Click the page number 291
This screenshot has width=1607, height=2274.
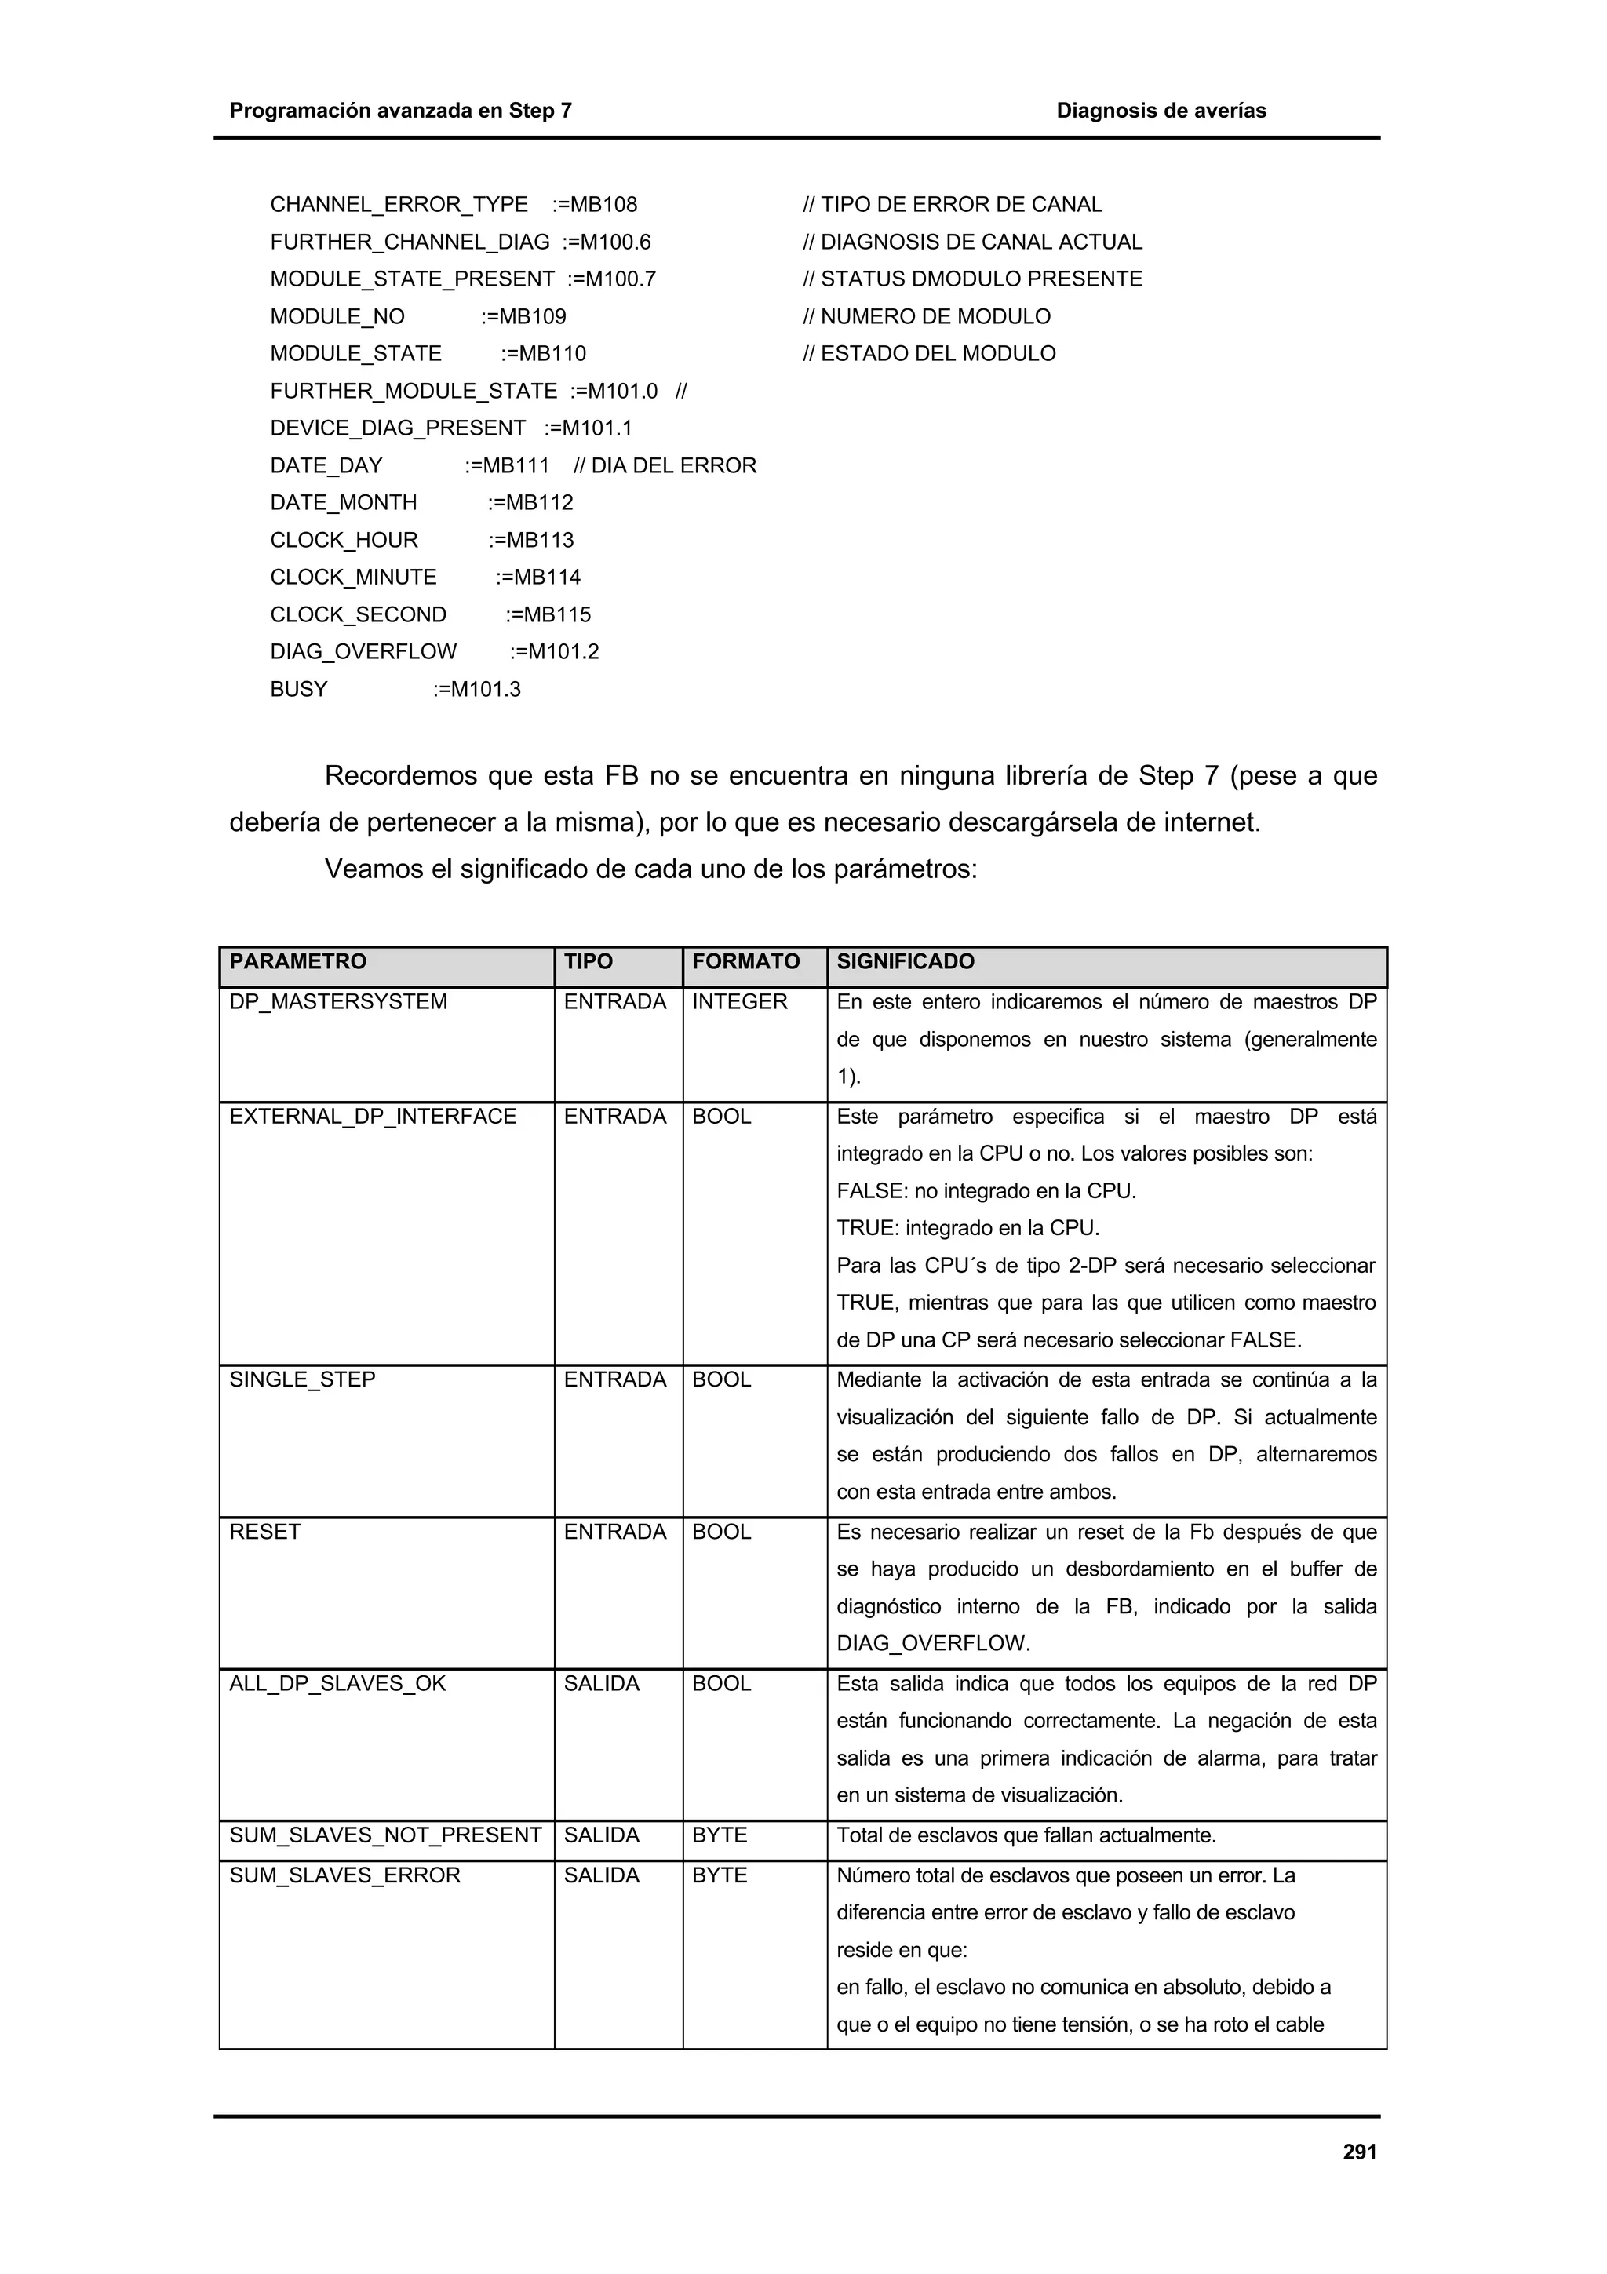[x=1358, y=2151]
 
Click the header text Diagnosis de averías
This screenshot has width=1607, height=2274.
[x=1161, y=111]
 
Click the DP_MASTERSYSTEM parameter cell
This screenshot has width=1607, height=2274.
[x=337, y=1001]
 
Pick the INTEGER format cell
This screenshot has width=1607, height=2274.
[x=738, y=1001]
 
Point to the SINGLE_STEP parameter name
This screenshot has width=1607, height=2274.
[x=302, y=1379]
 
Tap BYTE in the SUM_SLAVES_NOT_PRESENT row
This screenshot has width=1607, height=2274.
[x=719, y=1835]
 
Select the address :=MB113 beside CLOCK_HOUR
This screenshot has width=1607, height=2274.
[x=530, y=540]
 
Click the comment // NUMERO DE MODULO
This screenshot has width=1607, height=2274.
[x=926, y=316]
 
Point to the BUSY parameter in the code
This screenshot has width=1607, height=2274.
[x=298, y=688]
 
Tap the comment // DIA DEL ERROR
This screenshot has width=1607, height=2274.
[x=665, y=465]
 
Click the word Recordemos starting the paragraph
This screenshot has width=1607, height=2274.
[x=399, y=775]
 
